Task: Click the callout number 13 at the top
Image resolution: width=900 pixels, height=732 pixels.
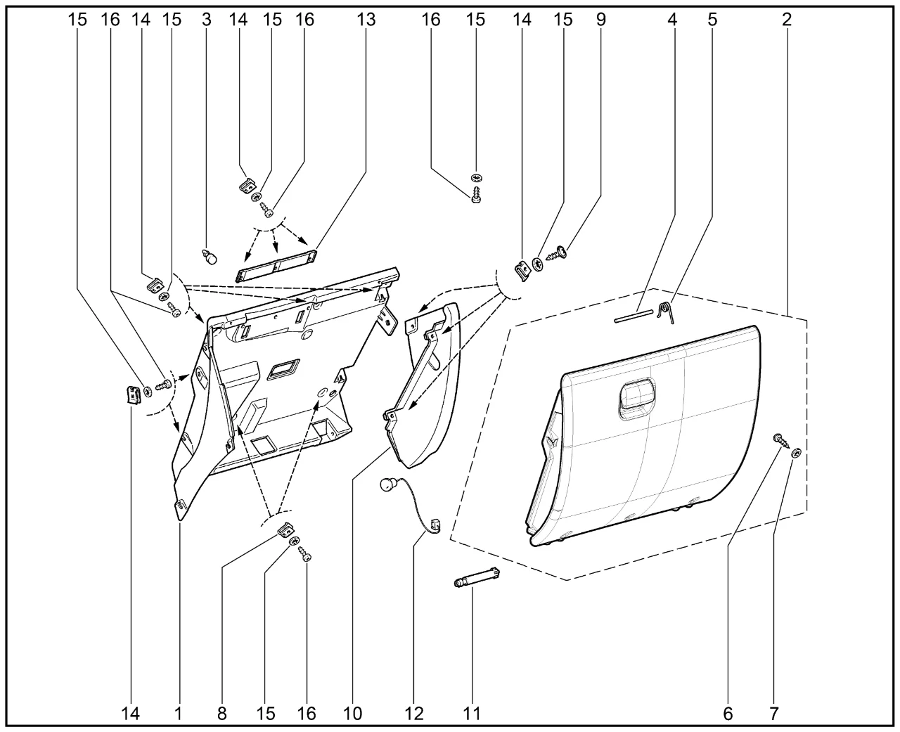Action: [366, 20]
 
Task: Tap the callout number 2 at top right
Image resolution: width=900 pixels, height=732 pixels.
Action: [786, 20]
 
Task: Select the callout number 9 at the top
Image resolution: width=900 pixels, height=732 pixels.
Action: [600, 20]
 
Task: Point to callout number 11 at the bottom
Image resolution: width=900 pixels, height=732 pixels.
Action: [472, 714]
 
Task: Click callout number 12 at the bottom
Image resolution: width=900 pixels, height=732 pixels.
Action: [414, 714]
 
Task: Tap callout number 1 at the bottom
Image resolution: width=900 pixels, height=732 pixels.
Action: [178, 714]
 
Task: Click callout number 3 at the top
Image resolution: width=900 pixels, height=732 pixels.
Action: [206, 20]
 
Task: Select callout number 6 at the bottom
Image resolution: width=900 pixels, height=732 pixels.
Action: [727, 714]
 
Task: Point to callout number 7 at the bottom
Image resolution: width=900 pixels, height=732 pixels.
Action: [773, 714]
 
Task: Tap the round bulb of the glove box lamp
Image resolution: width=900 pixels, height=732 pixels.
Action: [387, 486]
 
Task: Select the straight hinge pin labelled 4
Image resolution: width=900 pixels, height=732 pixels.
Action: [634, 316]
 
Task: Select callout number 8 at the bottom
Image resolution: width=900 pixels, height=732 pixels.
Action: [222, 714]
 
